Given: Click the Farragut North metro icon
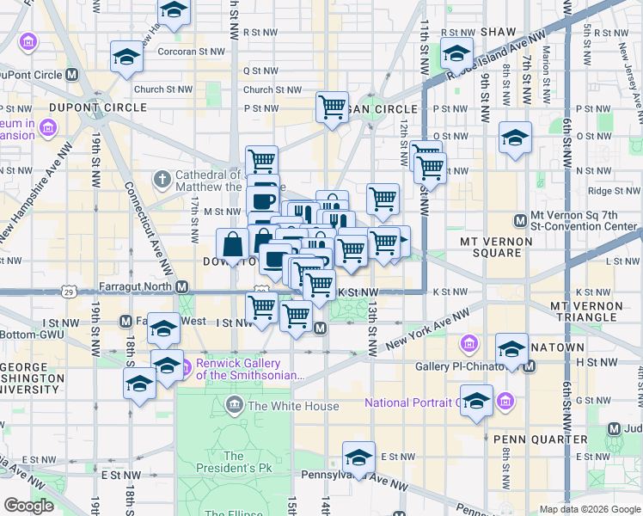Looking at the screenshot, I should pyautogui.click(x=181, y=286).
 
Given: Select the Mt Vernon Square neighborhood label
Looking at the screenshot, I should pyautogui.click(x=502, y=247).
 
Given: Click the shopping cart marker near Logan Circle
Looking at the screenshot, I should pyautogui.click(x=332, y=107).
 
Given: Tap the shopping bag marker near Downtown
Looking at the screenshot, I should pyautogui.click(x=233, y=245).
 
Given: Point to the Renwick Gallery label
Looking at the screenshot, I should pyautogui.click(x=250, y=369).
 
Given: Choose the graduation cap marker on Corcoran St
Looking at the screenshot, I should pyautogui.click(x=126, y=57).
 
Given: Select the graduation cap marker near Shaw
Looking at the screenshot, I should pyautogui.click(x=456, y=53).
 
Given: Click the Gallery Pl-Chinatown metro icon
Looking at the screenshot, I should pyautogui.click(x=529, y=367).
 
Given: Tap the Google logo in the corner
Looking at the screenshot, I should pyautogui.click(x=30, y=506).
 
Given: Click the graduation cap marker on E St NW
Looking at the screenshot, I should pyautogui.click(x=358, y=456).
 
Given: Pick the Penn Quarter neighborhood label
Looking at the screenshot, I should pyautogui.click(x=541, y=439).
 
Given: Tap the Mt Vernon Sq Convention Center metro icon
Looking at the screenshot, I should pyautogui.click(x=520, y=221).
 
